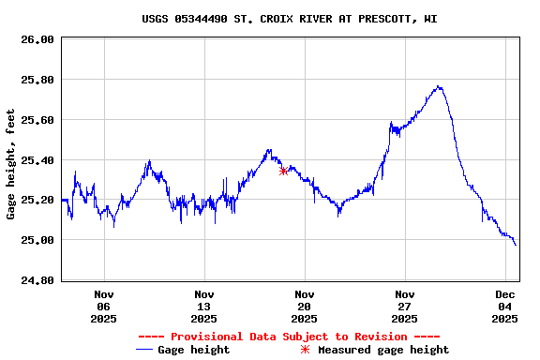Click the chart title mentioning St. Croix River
coord(290,19)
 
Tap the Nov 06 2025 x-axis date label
coord(104,307)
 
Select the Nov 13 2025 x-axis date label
coord(204,307)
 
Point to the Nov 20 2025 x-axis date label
coord(305,307)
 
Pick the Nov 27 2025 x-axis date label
coord(405,307)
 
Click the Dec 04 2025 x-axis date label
coord(505,307)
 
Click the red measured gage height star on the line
coord(283,171)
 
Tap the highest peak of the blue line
coord(438,87)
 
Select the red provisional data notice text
coord(289,337)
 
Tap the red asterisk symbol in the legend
coord(304,350)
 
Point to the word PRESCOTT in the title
coord(382,19)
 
